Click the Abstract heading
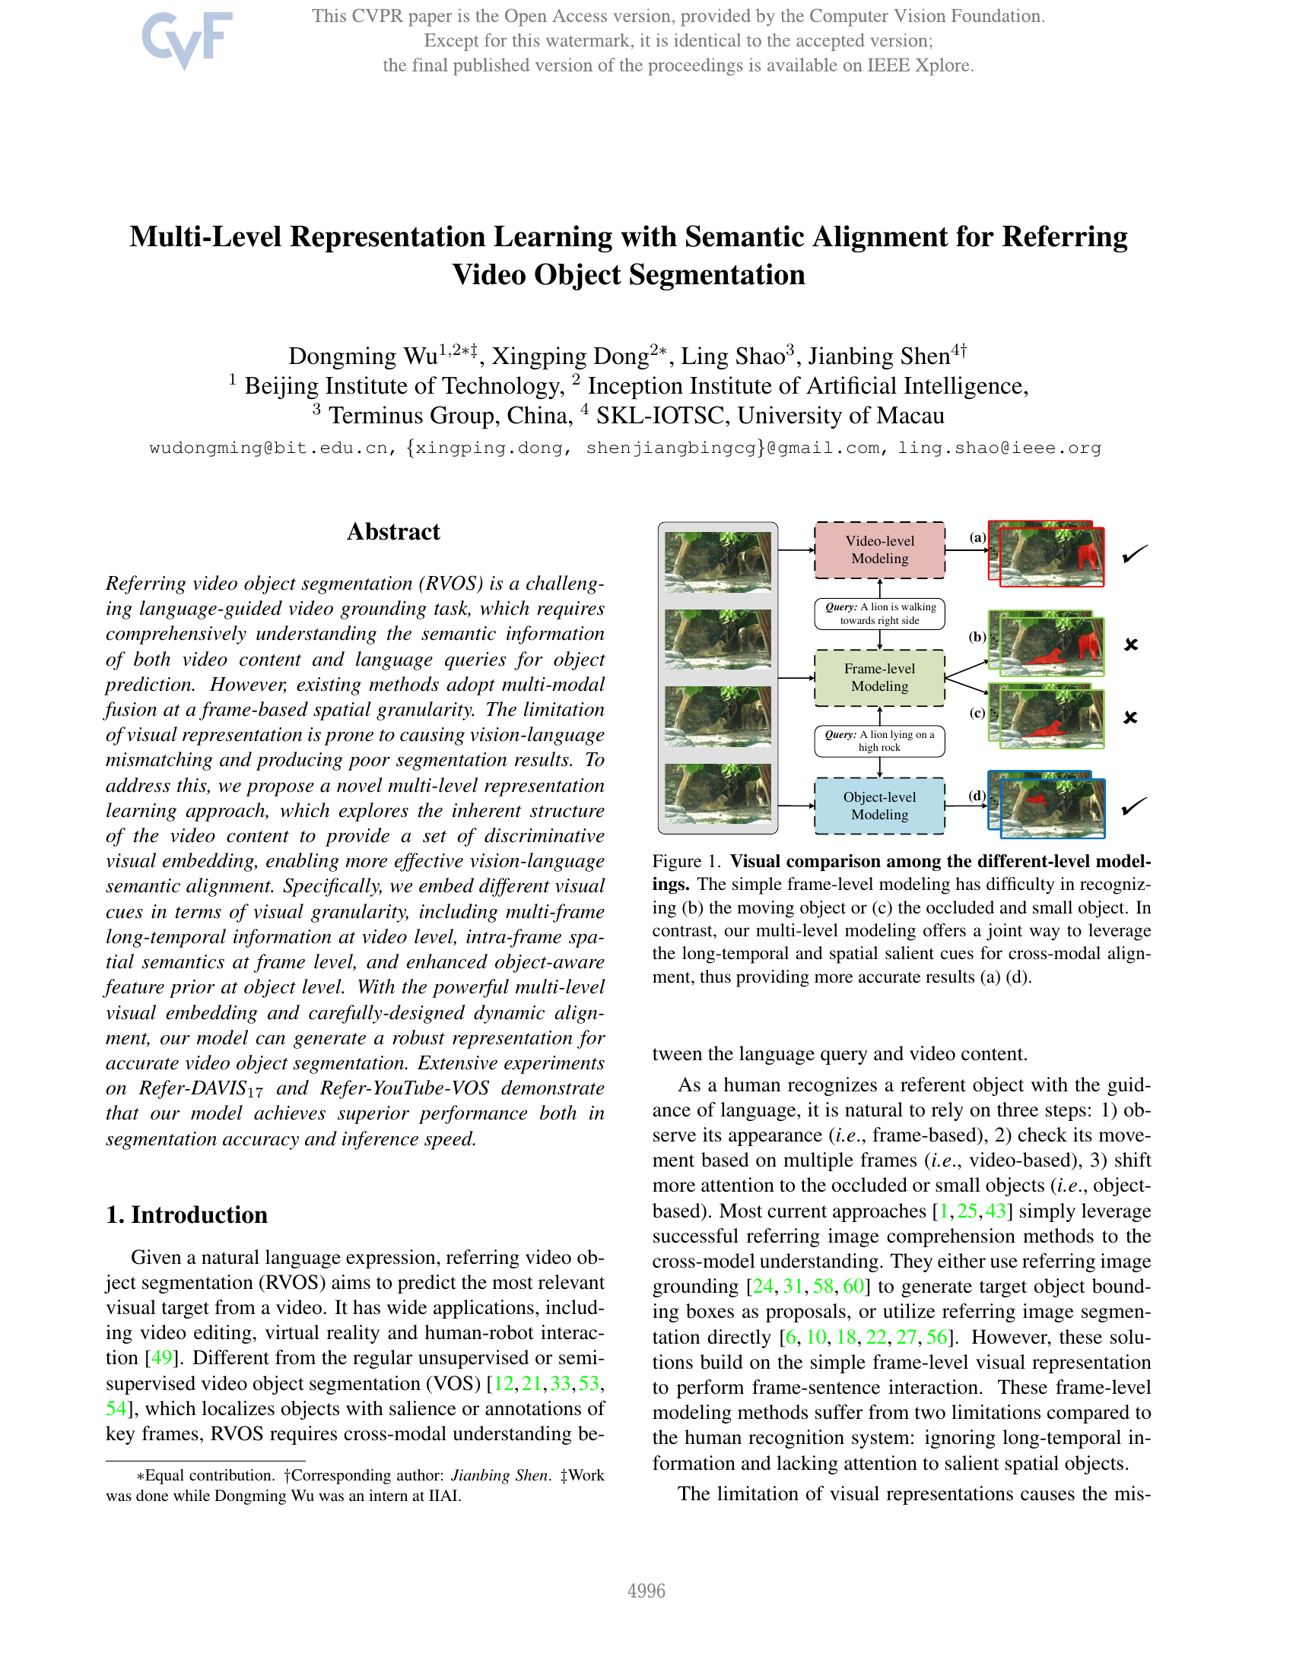pyautogui.click(x=393, y=531)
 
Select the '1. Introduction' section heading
pyautogui.click(x=187, y=1214)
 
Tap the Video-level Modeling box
pyautogui.click(x=879, y=549)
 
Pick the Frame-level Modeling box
pyautogui.click(x=879, y=677)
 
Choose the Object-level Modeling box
pyautogui.click(x=879, y=806)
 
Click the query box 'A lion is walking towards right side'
pyautogui.click(x=879, y=613)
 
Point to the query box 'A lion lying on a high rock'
pyautogui.click(x=879, y=741)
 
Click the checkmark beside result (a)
pyautogui.click(x=1134, y=553)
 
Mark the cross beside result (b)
pyautogui.click(x=1130, y=644)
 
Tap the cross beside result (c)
pyautogui.click(x=1130, y=717)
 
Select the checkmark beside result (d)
pyautogui.click(x=1134, y=806)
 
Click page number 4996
pyautogui.click(x=646, y=1591)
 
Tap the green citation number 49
pyautogui.click(x=160, y=1358)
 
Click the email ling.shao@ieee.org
pyautogui.click(x=999, y=448)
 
